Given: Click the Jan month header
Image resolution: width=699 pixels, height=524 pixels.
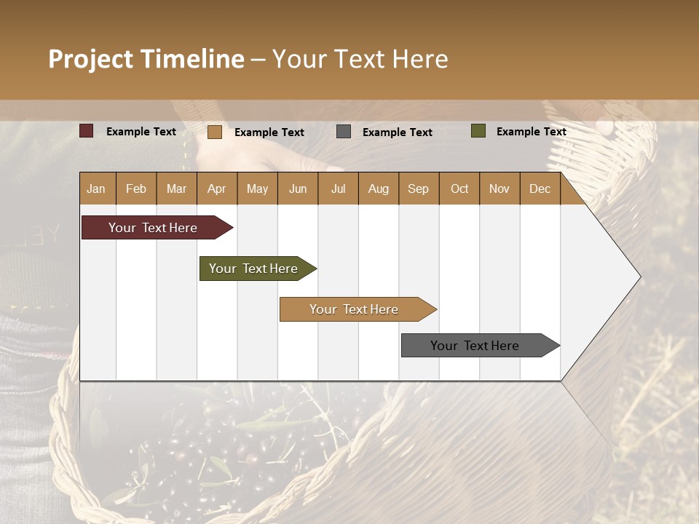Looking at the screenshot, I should (96, 189).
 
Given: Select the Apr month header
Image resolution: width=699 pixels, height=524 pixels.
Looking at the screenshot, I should (217, 189).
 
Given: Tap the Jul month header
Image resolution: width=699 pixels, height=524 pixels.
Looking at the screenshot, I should (339, 189).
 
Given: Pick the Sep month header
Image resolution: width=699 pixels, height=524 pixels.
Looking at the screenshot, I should (419, 189).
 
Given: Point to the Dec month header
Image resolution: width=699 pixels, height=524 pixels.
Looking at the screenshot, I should (540, 189).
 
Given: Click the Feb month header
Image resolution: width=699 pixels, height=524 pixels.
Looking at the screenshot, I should (136, 189).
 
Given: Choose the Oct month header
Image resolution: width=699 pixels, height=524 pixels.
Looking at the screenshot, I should (459, 189).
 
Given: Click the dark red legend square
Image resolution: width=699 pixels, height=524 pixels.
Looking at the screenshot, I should (87, 131).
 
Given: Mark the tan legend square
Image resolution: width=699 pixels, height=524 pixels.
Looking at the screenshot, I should (215, 132).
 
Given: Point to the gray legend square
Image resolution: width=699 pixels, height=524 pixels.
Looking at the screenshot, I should (344, 132).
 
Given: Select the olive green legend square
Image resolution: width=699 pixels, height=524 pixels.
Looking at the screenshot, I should (478, 131).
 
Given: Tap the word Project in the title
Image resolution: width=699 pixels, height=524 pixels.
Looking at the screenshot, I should (90, 59).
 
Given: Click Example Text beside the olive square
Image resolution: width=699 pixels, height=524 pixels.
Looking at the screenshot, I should (531, 132).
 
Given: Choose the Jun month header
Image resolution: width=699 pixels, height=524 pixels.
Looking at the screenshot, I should (298, 189).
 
